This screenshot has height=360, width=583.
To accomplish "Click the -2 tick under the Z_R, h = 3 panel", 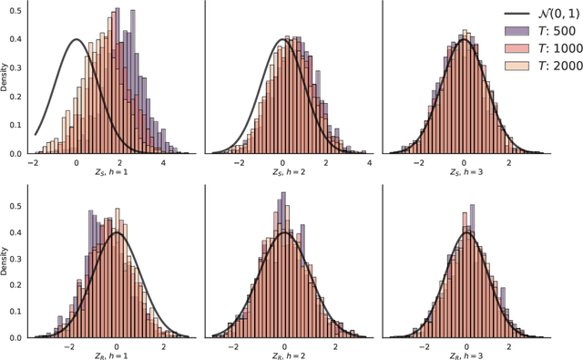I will [423, 345].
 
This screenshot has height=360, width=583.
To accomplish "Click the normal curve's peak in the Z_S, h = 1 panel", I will [77, 39].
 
